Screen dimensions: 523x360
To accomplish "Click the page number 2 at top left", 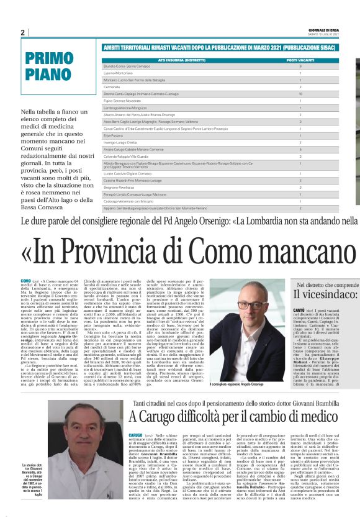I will tap(23, 32).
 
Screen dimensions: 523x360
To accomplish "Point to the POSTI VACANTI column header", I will tap(300, 61).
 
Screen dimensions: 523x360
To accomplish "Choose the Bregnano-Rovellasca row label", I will tap(124, 187).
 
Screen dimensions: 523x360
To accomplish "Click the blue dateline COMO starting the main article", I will tap(25, 281).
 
